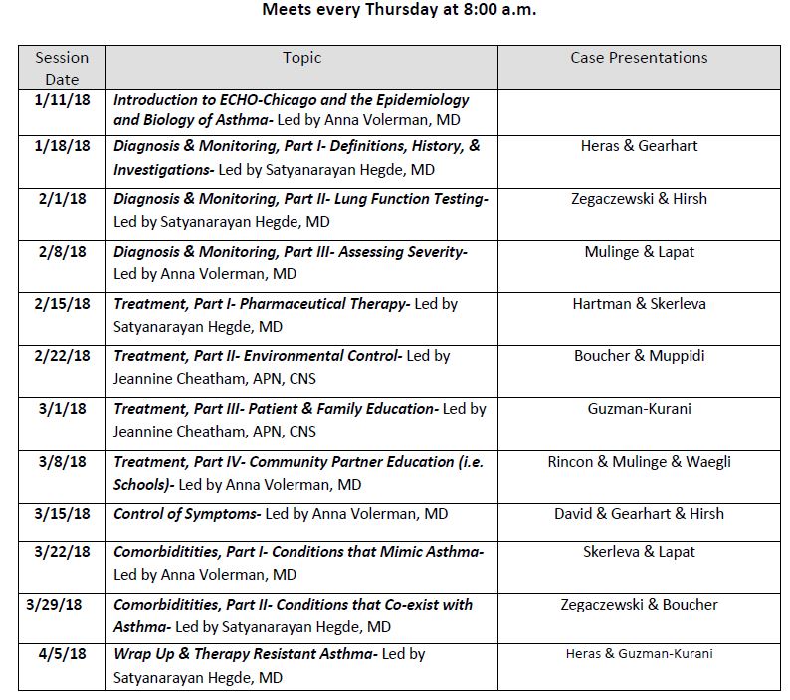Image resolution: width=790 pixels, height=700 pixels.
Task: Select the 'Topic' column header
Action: pos(301,58)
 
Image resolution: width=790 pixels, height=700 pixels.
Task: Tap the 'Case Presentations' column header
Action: pos(639,58)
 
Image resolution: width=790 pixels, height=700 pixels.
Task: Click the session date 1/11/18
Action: pos(62,100)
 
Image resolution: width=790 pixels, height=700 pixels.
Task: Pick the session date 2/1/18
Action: pos(62,199)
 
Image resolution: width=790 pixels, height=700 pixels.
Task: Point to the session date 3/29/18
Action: pos(62,605)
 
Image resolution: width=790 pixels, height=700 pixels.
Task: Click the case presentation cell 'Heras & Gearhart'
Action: pos(639,146)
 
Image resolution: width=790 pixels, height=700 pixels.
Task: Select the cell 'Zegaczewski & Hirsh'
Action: pos(639,199)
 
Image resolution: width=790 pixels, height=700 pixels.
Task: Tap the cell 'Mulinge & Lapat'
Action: pos(639,252)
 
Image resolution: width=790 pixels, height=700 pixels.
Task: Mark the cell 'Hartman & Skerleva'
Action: pos(639,304)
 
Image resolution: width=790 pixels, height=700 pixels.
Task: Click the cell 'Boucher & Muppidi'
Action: pos(639,356)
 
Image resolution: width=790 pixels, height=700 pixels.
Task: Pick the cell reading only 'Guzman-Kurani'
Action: pos(639,409)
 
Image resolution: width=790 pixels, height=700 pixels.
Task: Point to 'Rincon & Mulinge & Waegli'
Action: pos(639,461)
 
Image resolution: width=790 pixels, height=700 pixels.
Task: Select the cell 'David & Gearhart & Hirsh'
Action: pos(639,514)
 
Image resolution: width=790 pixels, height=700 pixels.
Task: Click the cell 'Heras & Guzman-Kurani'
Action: pos(639,654)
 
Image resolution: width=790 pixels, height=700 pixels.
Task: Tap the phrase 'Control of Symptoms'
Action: pos(186,514)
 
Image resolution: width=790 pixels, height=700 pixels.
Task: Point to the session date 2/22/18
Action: pos(62,356)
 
